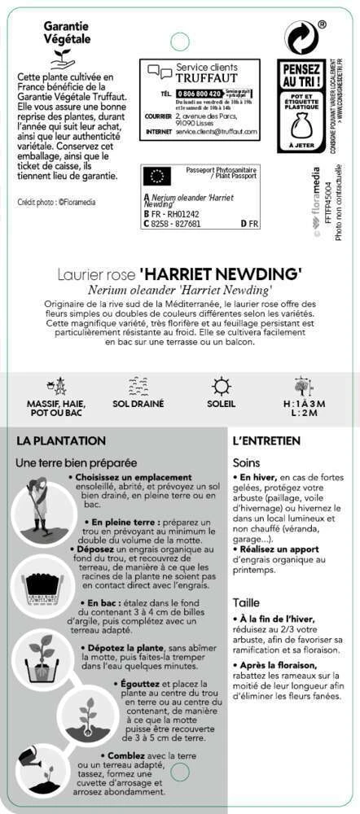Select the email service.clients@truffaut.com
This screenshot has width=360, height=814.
[x=204, y=131]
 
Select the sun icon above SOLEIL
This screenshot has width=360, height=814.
[x=221, y=386]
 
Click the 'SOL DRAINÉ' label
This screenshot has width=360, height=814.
[x=138, y=404]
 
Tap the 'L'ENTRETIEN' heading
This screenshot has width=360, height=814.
[x=266, y=441]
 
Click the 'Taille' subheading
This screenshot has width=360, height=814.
[x=246, y=603]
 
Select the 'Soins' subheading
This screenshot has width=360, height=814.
[x=246, y=462]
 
